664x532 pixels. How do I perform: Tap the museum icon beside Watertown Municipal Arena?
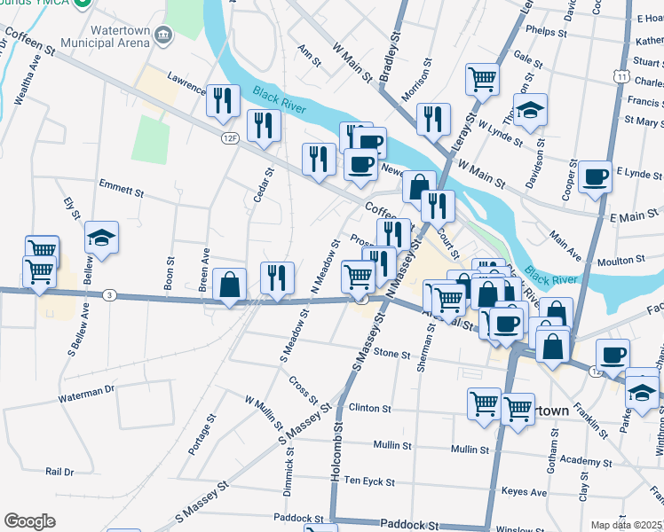pos(162,35)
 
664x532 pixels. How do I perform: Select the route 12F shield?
pos(230,137)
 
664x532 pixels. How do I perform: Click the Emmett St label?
pos(122,191)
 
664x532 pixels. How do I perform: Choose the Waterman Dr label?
pos(87,389)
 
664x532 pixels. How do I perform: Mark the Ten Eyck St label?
pos(368,481)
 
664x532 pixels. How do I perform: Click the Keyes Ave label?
pos(524,491)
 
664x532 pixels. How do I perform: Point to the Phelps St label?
pos(546,32)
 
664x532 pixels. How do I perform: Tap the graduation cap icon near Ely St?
pos(101,238)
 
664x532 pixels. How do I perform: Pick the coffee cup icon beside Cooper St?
pos(596,176)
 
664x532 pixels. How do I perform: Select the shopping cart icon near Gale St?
pos(482,78)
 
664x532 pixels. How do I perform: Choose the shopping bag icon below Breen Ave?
pos(229,285)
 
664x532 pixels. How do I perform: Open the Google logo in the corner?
pos(30,521)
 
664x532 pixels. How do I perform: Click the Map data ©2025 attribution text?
pos(626,525)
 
